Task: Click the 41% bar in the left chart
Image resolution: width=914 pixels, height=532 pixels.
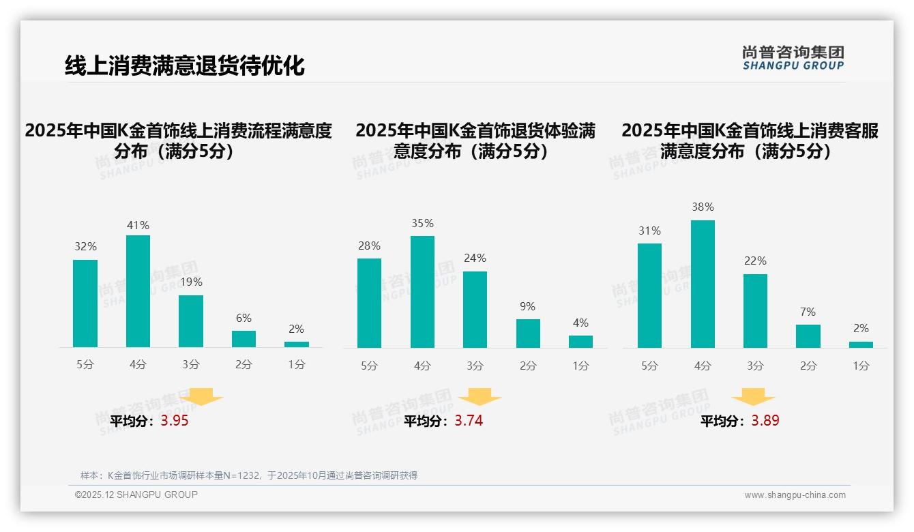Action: point(138,291)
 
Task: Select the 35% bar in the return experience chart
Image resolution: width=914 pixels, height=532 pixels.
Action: point(422,292)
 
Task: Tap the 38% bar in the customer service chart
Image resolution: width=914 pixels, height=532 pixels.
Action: point(703,284)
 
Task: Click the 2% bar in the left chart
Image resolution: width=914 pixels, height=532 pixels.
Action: point(297,344)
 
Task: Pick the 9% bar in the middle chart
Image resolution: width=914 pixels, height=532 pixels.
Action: point(528,334)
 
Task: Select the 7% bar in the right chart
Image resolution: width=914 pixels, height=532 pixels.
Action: point(808,336)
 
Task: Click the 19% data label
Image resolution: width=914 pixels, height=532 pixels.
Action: point(191,282)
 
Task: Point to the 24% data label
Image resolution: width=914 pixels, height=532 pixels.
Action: point(475,258)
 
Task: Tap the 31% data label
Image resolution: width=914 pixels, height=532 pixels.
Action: point(649,231)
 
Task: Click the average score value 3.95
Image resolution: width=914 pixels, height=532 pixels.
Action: point(175,421)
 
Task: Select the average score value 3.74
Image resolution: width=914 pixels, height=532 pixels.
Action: point(469,421)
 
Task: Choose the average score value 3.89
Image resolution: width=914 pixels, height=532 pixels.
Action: point(765,421)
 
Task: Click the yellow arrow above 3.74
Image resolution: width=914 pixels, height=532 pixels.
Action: point(480,398)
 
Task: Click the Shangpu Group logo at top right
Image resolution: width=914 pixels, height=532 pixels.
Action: point(793,57)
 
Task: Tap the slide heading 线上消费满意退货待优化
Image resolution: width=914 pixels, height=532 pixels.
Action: point(184,65)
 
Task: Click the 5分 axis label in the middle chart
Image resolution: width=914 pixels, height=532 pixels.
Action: point(369,366)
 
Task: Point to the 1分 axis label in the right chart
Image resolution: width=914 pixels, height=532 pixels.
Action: point(861,366)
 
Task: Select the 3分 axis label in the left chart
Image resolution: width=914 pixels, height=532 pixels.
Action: point(191,365)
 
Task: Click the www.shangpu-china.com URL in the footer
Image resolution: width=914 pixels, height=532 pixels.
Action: point(795,495)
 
